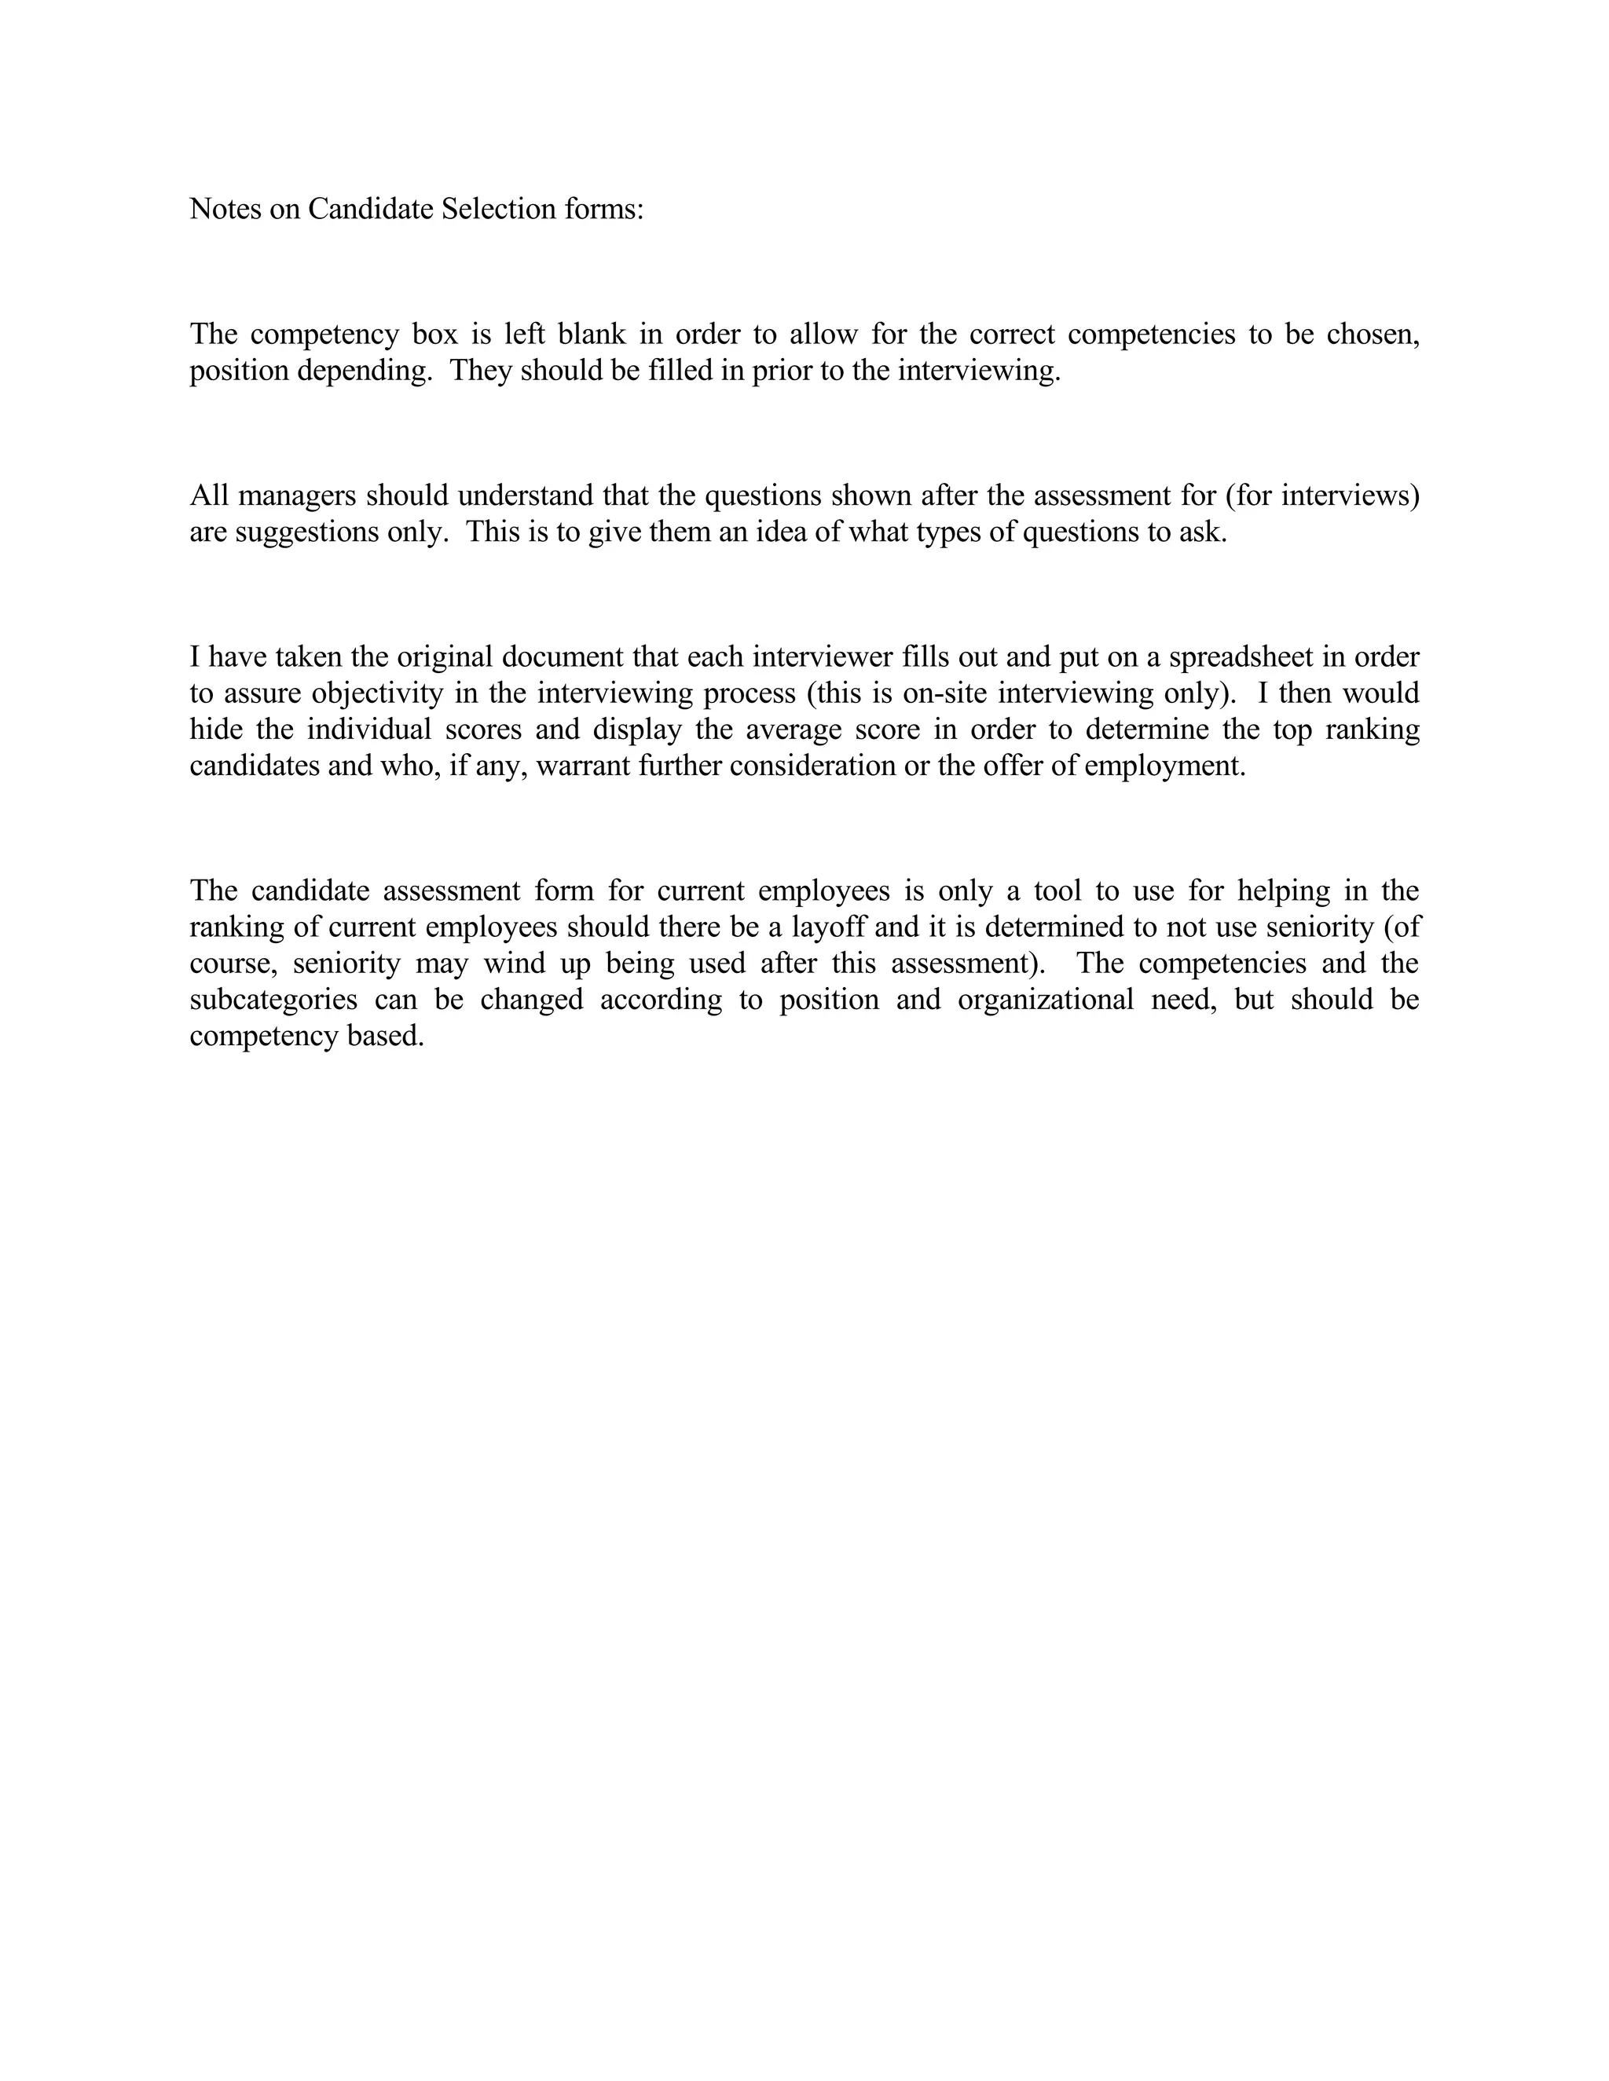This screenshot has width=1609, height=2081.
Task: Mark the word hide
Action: (x=214, y=730)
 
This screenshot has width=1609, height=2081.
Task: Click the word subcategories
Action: (x=273, y=1000)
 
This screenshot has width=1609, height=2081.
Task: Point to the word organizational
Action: (x=1046, y=1000)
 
